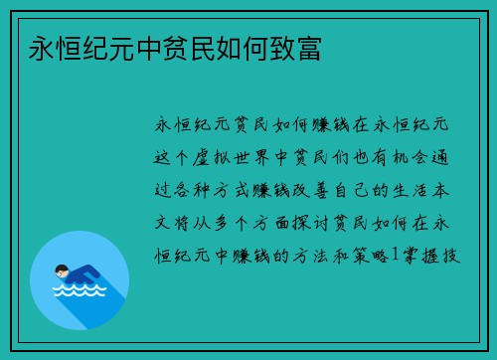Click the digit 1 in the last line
point(394,256)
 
